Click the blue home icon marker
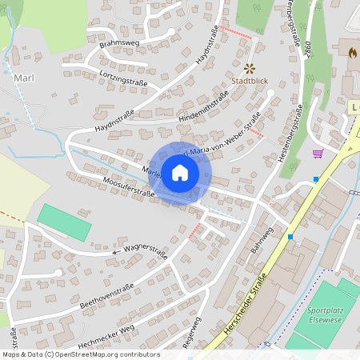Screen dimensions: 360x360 (x=180, y=173)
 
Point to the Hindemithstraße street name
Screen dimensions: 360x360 (x=204, y=106)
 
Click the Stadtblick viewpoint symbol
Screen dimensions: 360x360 (x=249, y=69)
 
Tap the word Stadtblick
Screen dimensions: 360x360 (x=249, y=82)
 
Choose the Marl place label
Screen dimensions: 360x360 (x=23, y=78)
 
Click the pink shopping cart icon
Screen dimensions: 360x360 (x=318, y=154)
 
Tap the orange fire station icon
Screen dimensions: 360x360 (x=352, y=52)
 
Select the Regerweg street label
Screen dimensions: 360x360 (x=191, y=331)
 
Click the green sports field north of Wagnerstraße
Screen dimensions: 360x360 (x=63, y=222)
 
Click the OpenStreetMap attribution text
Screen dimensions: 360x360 (x=81, y=354)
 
